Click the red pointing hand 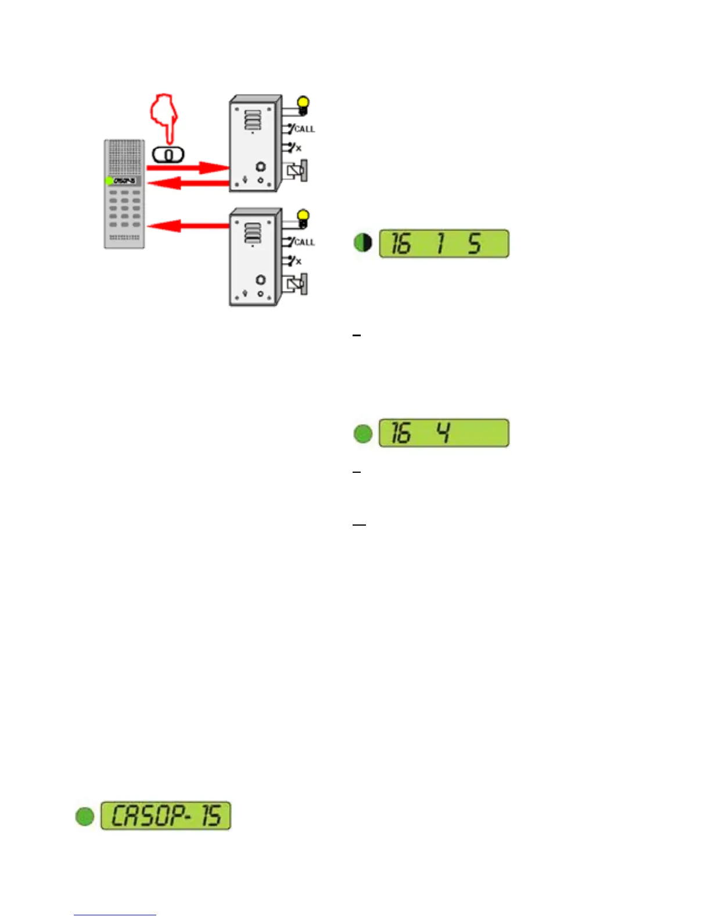(x=164, y=116)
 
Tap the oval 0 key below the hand (x=168, y=155)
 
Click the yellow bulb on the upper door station (x=303, y=104)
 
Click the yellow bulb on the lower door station (x=303, y=217)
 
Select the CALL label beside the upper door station (x=304, y=129)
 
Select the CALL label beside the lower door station (x=304, y=242)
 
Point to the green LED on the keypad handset (x=109, y=181)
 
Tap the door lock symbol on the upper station (x=297, y=171)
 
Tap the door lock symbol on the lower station (x=297, y=285)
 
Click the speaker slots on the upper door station (x=253, y=121)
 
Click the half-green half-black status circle (x=363, y=243)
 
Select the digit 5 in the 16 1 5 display (x=475, y=244)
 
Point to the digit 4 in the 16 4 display (x=443, y=433)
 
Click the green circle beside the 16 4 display (x=363, y=433)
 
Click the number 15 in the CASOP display (x=211, y=815)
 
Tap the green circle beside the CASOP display (x=85, y=816)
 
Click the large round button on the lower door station (x=261, y=280)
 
